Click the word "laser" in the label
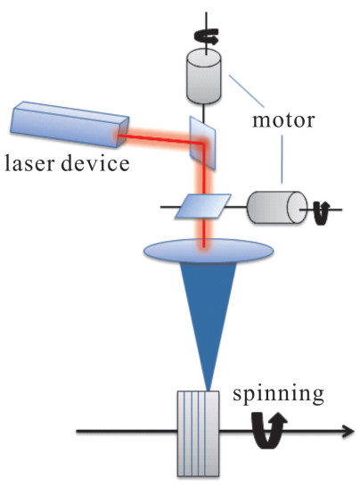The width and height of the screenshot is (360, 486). (30, 162)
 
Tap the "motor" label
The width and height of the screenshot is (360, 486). (283, 120)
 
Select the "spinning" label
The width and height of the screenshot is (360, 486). (278, 395)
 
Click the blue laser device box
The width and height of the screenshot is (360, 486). (70, 124)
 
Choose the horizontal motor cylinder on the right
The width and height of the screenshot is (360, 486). (277, 208)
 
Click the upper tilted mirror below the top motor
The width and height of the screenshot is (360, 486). (202, 143)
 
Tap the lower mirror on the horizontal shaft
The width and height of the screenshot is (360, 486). (203, 206)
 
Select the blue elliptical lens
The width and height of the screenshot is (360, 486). (209, 251)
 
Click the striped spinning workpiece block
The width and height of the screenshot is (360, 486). (199, 433)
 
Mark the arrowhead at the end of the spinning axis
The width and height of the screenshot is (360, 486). (348, 431)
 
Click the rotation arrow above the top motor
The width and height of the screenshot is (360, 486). (207, 37)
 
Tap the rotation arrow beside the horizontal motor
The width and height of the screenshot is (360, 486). (322, 212)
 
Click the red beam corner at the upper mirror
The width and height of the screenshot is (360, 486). (204, 144)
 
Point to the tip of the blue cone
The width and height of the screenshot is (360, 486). (209, 391)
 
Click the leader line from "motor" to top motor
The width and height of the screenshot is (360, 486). (247, 91)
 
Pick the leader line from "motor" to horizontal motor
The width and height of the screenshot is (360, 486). (282, 159)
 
